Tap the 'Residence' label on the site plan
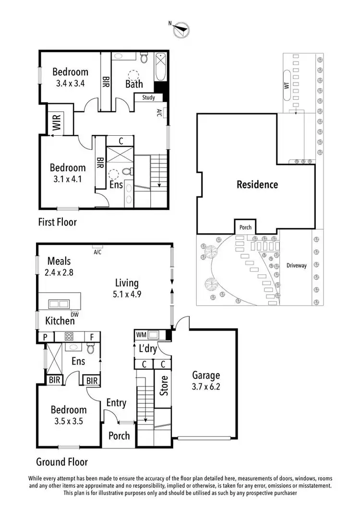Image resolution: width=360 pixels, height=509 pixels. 257,184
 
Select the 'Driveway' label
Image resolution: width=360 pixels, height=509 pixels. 296,265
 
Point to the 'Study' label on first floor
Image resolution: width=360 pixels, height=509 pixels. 148,98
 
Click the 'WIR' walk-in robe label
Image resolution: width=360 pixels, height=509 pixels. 56,122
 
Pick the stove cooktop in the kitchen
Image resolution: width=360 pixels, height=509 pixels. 69,337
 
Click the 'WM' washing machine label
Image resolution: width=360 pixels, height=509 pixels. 141,334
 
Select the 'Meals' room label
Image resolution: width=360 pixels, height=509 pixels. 59,261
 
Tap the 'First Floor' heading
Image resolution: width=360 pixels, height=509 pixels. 57,222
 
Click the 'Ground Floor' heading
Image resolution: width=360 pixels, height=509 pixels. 62,462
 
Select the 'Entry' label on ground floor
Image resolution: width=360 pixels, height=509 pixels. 116,403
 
